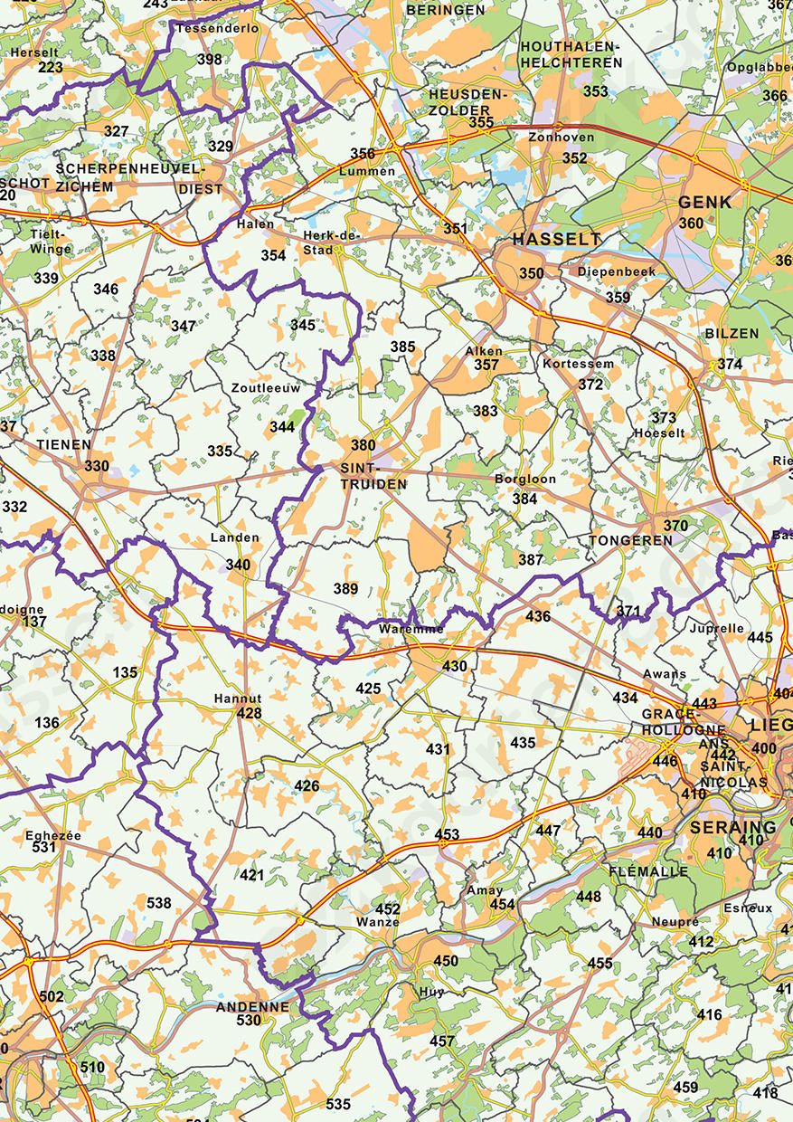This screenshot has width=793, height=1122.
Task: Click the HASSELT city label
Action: tap(556, 240)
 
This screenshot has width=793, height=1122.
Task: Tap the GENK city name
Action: tap(705, 202)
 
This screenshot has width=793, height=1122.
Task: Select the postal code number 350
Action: tap(532, 273)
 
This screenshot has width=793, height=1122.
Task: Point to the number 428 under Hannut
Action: tap(249, 714)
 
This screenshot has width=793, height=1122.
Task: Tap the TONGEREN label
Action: tap(630, 540)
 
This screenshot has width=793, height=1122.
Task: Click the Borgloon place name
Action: tap(525, 479)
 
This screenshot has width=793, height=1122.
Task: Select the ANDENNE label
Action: tap(252, 1006)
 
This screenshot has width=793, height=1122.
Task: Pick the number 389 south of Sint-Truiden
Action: tap(345, 589)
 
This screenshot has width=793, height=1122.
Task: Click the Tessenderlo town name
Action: tap(217, 29)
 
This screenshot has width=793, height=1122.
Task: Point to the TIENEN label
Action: tap(64, 445)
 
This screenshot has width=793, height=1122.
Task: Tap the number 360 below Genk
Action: tap(691, 223)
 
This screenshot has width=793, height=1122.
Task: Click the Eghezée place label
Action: tap(53, 835)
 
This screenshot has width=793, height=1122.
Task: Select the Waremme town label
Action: tap(411, 629)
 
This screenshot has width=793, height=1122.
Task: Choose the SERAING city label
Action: tap(732, 827)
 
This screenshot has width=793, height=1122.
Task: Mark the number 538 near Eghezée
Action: tap(158, 903)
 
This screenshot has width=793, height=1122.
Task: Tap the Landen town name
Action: tap(234, 537)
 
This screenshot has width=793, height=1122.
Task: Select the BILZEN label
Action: tap(732, 334)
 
